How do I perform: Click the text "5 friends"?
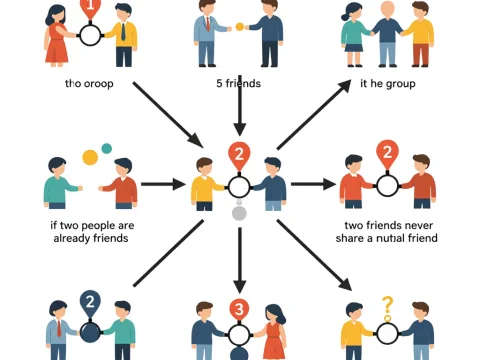pyautogui.click(x=240, y=83)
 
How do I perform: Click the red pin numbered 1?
pyautogui.click(x=90, y=8)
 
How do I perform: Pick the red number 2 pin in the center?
pyautogui.click(x=239, y=156)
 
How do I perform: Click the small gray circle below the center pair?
pyautogui.click(x=239, y=213)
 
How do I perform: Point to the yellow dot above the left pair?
pyautogui.click(x=90, y=157)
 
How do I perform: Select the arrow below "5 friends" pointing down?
pyautogui.click(x=240, y=118)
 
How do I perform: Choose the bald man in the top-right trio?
pyautogui.click(x=387, y=35)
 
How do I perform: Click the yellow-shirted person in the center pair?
pyautogui.click(x=206, y=185)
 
